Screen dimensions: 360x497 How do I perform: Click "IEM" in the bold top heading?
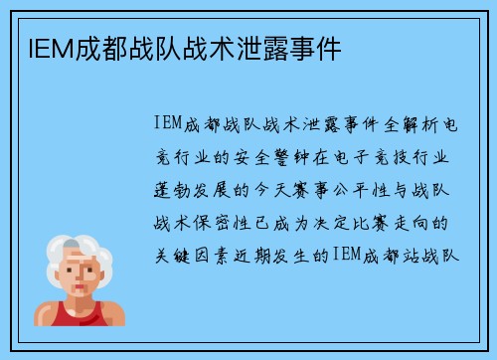pos(36,46)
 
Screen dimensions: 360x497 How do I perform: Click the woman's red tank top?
pos(70,315)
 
